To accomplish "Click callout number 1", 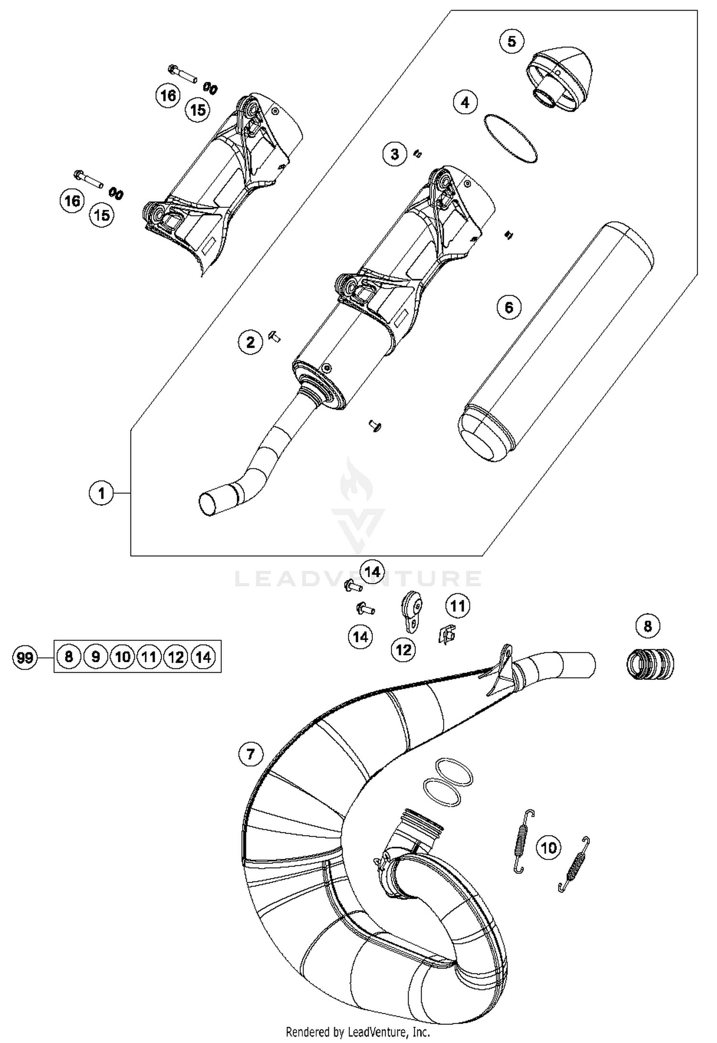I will pyautogui.click(x=101, y=493).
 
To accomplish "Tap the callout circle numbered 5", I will pyautogui.click(x=511, y=42).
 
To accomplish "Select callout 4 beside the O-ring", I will pyautogui.click(x=465, y=102).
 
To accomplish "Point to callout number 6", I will pyautogui.click(x=509, y=307).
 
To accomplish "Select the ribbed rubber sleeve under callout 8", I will pyautogui.click(x=650, y=664).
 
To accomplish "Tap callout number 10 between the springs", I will pyautogui.click(x=548, y=848).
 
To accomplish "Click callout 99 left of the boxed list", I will pyautogui.click(x=24, y=658).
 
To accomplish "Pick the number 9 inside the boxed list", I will pyautogui.click(x=96, y=657).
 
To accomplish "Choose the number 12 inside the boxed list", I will pyautogui.click(x=176, y=657).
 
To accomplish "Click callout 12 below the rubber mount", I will pyautogui.click(x=403, y=649).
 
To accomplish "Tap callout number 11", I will pyautogui.click(x=457, y=606).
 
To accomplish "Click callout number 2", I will pyautogui.click(x=250, y=342).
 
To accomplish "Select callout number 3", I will pyautogui.click(x=395, y=154).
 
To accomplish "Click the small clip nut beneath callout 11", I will pyautogui.click(x=446, y=634).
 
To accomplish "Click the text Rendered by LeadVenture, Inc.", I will pyautogui.click(x=358, y=1032).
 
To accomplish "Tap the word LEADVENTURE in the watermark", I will pyautogui.click(x=358, y=579).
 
